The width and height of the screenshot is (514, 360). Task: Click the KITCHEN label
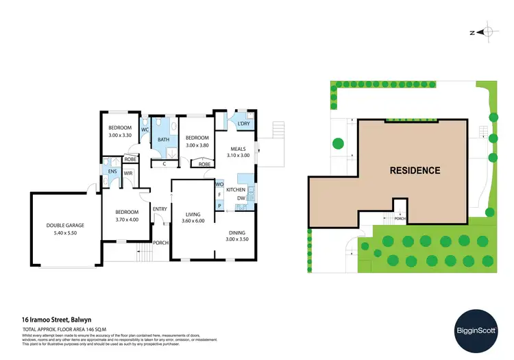click(x=236, y=189)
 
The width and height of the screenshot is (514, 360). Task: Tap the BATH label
click(x=163, y=140)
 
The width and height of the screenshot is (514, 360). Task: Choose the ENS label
click(x=112, y=171)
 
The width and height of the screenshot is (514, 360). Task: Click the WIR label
click(x=127, y=173)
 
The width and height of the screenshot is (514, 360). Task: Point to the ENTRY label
click(x=160, y=209)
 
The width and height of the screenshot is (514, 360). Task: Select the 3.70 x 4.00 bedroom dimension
click(x=127, y=219)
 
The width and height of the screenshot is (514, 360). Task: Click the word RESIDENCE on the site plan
click(x=415, y=169)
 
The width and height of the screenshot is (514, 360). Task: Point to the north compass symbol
click(x=485, y=32)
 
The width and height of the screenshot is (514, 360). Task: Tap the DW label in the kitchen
click(x=241, y=199)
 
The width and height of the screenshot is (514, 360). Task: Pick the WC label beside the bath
click(x=145, y=129)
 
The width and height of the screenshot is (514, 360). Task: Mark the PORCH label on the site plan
click(x=400, y=220)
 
